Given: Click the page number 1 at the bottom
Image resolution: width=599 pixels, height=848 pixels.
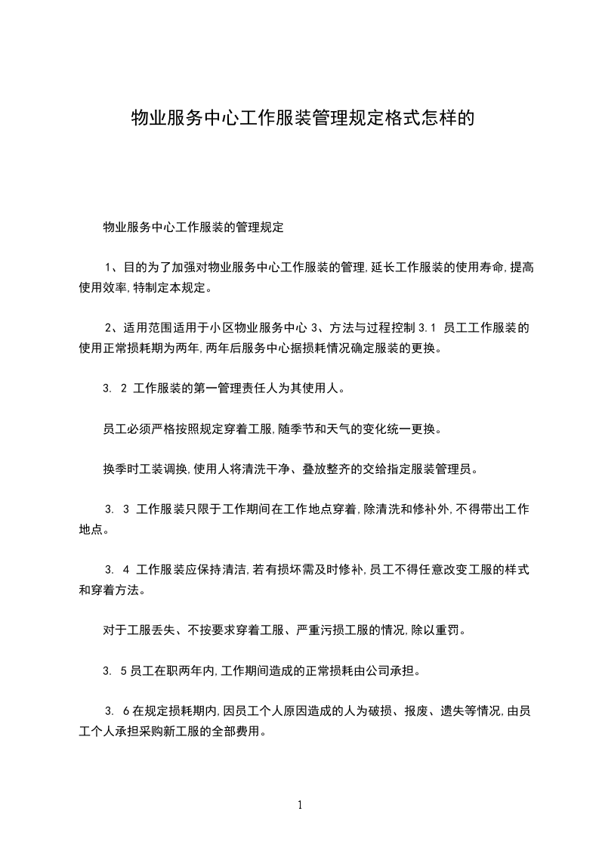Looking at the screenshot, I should [x=300, y=804].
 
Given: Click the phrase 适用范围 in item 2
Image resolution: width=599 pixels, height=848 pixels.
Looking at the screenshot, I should [x=147, y=328].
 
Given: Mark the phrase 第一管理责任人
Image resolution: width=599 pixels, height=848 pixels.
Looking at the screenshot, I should [x=235, y=389].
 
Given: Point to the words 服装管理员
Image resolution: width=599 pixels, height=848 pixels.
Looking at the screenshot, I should [x=445, y=469].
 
